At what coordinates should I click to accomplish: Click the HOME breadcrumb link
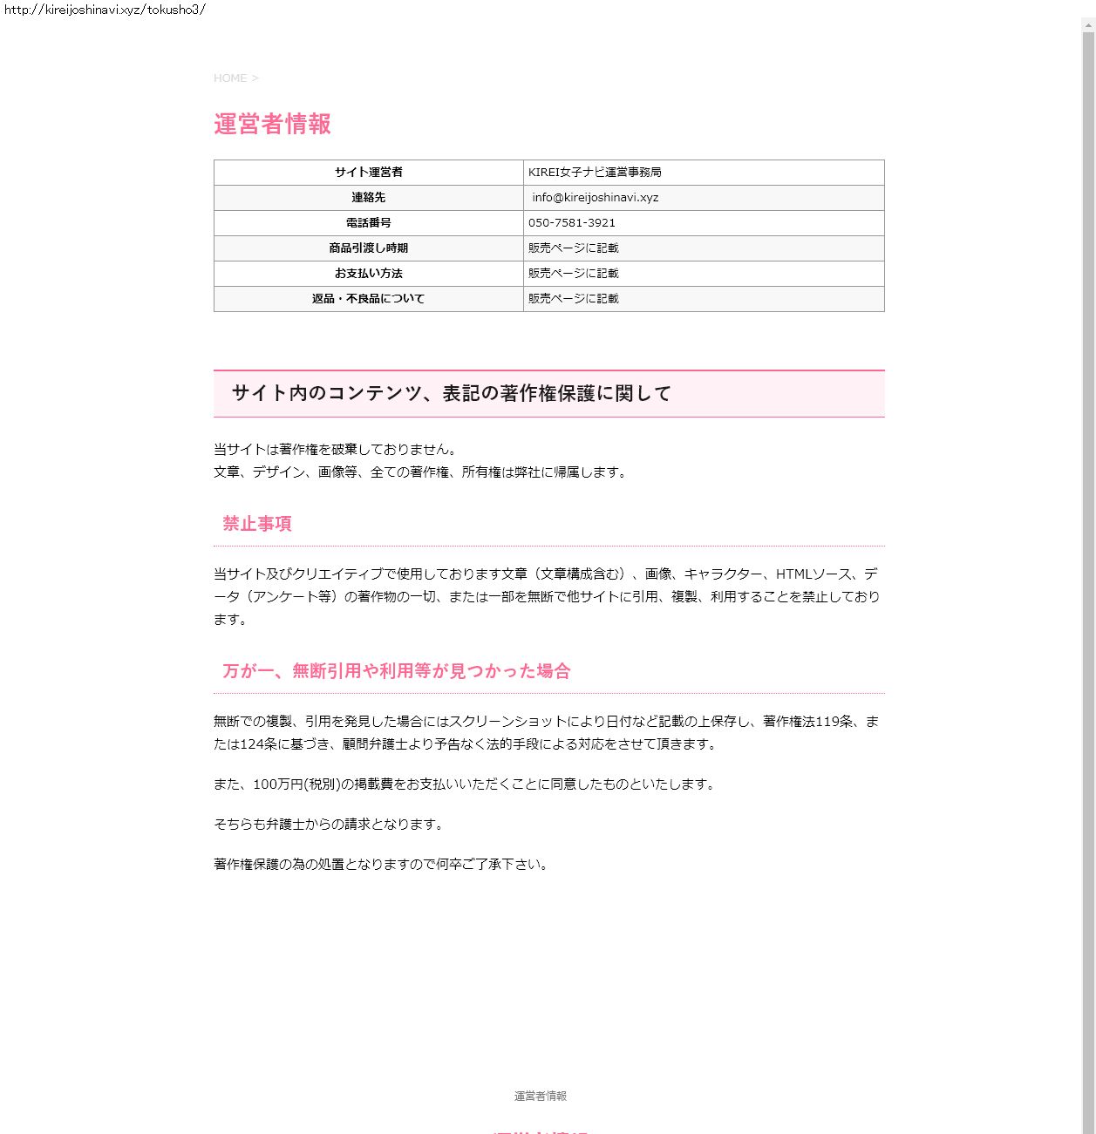pos(230,78)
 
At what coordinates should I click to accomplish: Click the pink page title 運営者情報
pos(272,124)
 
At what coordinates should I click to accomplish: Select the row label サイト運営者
pos(368,173)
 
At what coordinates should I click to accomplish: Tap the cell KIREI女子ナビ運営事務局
pos(595,173)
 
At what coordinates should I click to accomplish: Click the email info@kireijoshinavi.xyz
pos(596,198)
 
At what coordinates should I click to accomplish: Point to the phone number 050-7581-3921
pos(572,223)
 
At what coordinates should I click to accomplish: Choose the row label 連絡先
pos(368,198)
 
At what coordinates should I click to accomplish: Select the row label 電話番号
pos(368,223)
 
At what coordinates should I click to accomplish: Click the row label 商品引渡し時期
pos(368,248)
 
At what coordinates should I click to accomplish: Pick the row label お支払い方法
pos(368,274)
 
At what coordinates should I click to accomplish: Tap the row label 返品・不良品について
pos(368,299)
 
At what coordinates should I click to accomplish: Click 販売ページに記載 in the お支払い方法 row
pos(573,274)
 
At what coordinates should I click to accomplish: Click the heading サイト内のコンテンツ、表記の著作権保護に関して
pos(452,394)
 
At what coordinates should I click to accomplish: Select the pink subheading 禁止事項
pos(257,524)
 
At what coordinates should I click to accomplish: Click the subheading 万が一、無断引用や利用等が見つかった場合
pos(397,671)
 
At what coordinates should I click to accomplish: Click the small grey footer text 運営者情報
pos(541,1097)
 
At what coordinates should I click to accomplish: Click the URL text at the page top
pos(105,10)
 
